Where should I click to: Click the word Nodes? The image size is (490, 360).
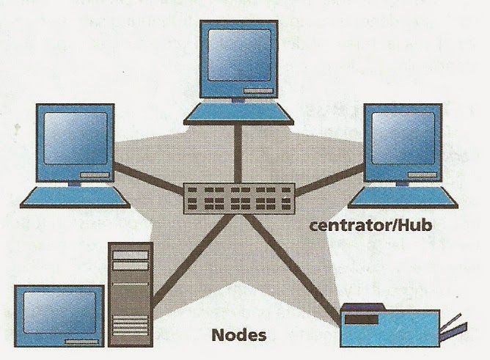pyautogui.click(x=240, y=337)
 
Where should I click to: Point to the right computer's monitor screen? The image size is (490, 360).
pyautogui.click(x=405, y=144)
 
